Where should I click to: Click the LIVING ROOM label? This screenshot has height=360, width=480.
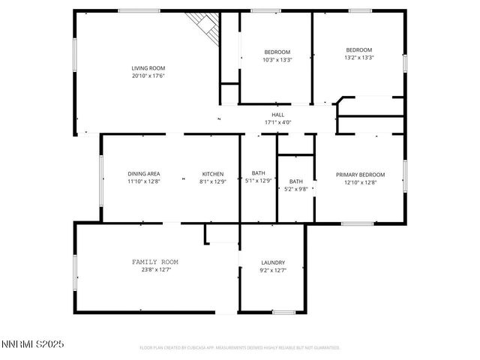coord(148,68)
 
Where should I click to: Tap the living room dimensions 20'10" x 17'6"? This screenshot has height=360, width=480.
coord(148,76)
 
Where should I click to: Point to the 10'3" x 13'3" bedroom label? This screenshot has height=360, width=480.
coord(277,52)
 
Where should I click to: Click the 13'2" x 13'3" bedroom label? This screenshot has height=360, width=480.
coord(358,49)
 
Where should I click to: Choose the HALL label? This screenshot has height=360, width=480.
coord(277,115)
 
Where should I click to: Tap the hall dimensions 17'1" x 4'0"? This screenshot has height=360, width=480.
coord(277,122)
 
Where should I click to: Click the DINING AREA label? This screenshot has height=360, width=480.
coord(142,174)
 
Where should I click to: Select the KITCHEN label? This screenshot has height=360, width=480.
coord(212,174)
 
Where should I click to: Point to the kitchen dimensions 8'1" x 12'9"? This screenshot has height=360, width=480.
coord(212,181)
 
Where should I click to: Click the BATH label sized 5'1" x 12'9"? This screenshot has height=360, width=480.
coord(258,174)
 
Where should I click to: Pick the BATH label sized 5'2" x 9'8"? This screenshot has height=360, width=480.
coord(296,181)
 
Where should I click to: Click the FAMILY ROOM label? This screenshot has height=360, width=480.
coord(154,262)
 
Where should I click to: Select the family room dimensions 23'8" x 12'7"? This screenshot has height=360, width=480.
coord(154,270)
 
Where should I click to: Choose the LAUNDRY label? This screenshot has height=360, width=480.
coord(272,262)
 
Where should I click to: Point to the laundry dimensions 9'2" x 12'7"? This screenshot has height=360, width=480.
coord(272,270)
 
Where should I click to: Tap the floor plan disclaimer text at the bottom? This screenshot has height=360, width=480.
coord(240,348)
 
